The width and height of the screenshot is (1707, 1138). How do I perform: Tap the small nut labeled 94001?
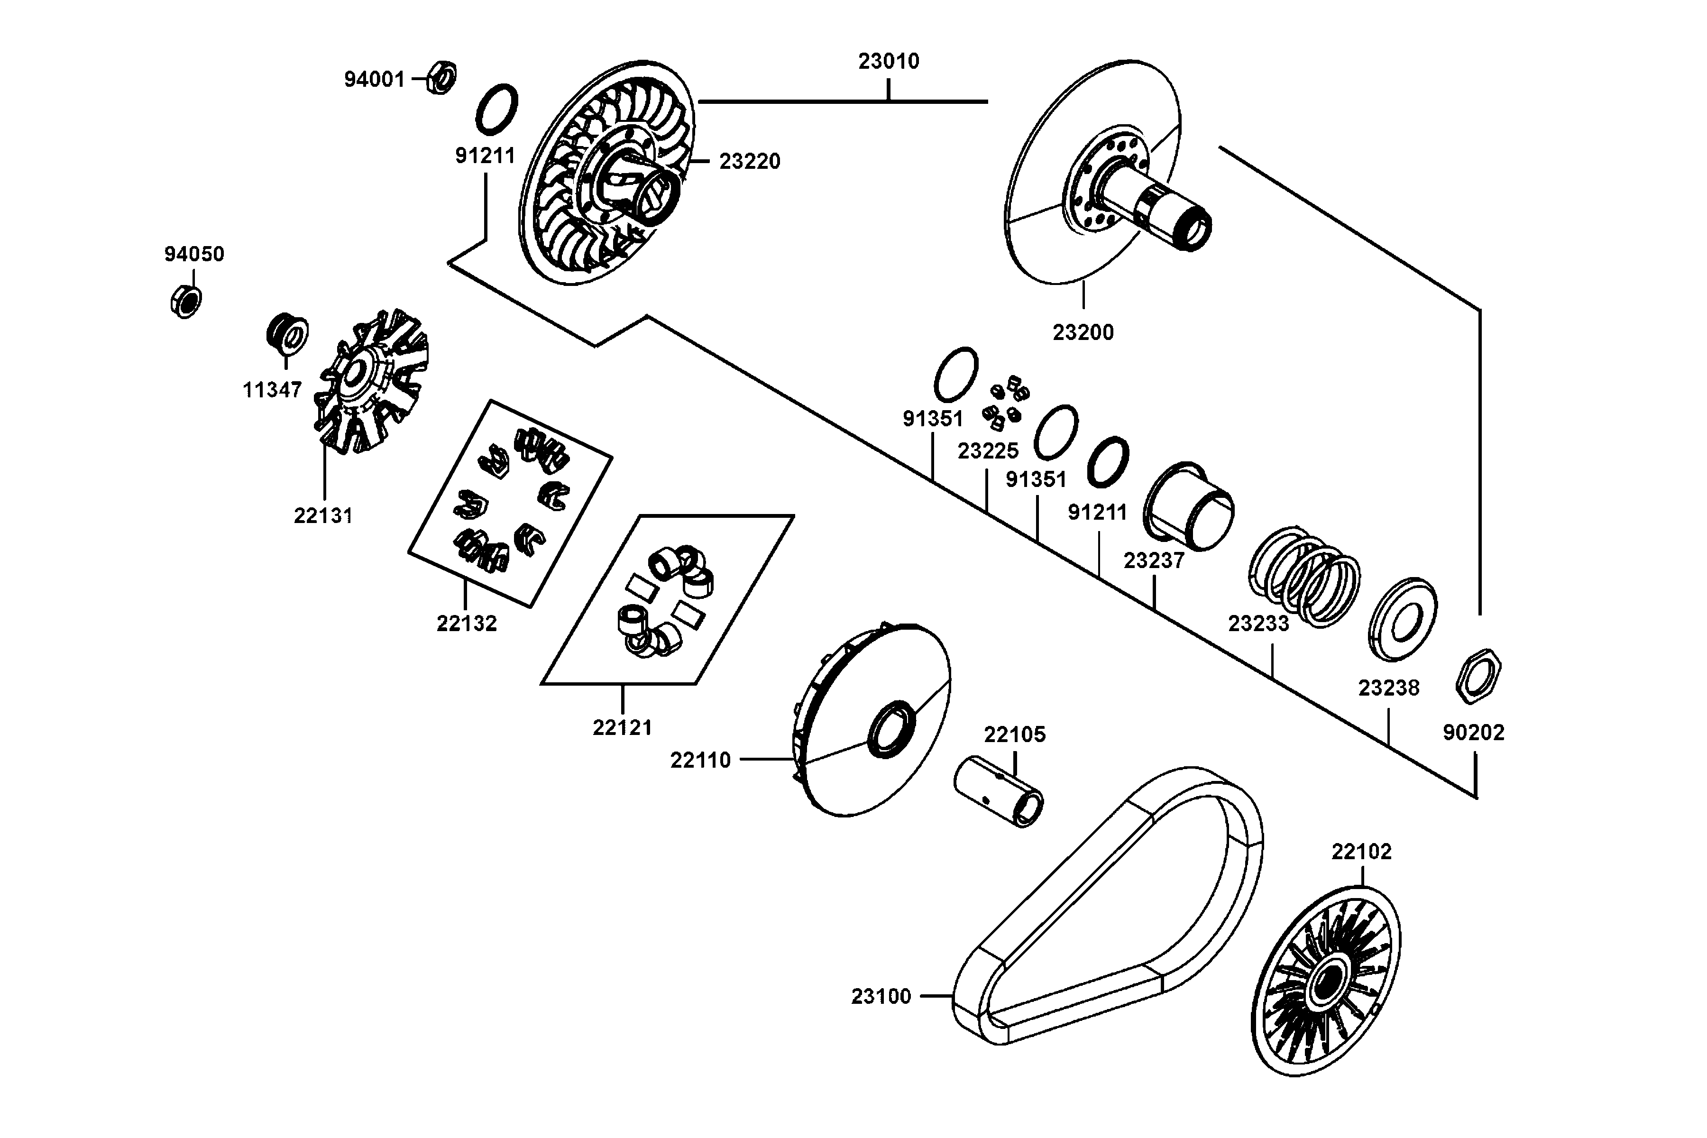441,77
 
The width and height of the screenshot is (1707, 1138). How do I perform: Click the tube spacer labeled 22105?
998,791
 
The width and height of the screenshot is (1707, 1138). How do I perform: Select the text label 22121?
622,727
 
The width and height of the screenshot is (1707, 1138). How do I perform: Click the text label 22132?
466,623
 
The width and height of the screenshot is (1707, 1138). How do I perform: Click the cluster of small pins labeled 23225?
1005,402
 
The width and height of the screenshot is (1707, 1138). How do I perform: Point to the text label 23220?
749,161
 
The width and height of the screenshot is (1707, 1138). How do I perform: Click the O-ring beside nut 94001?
496,109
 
